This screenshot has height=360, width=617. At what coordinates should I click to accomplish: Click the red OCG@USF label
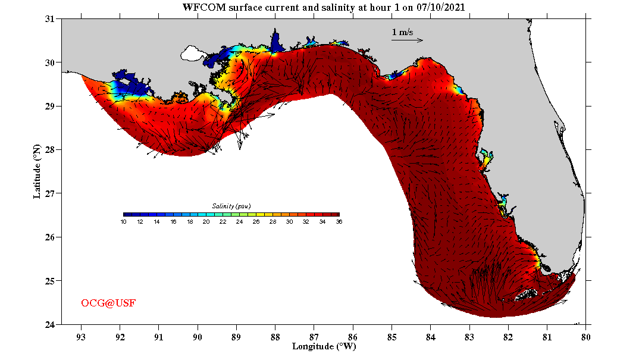click(108, 303)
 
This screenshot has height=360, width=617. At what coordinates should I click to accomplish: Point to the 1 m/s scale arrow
click(407, 40)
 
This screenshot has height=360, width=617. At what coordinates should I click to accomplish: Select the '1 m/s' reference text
click(402, 32)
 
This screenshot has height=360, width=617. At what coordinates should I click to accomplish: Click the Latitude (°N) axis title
click(37, 171)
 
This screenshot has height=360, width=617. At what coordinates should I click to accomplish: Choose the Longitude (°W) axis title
click(324, 346)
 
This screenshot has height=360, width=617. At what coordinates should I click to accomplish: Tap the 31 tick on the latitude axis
click(50, 19)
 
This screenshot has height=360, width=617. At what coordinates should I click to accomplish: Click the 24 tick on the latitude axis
click(50, 325)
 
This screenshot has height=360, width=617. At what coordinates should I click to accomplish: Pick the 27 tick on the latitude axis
click(50, 193)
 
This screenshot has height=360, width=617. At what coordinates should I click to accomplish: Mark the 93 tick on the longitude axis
click(81, 336)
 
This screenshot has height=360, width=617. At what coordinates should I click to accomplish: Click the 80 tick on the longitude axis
click(586, 336)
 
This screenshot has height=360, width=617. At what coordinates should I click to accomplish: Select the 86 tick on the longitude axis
click(353, 336)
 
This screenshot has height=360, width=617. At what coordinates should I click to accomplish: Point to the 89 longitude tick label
click(236, 336)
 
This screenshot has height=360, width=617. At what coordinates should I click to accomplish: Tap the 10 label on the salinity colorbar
click(123, 222)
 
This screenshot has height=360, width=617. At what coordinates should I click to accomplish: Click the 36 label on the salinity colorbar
click(339, 222)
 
